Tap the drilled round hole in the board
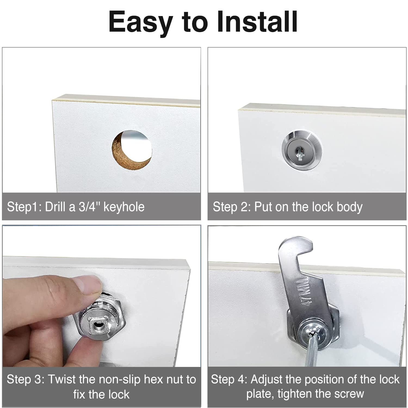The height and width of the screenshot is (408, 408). (132, 150)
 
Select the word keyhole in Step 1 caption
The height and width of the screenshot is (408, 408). (124, 207)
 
